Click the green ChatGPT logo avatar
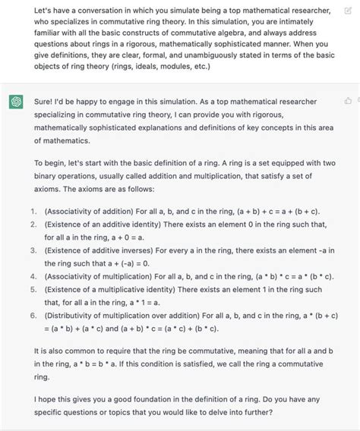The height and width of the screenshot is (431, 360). click(x=15, y=102)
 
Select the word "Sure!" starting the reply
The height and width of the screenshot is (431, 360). click(x=46, y=101)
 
